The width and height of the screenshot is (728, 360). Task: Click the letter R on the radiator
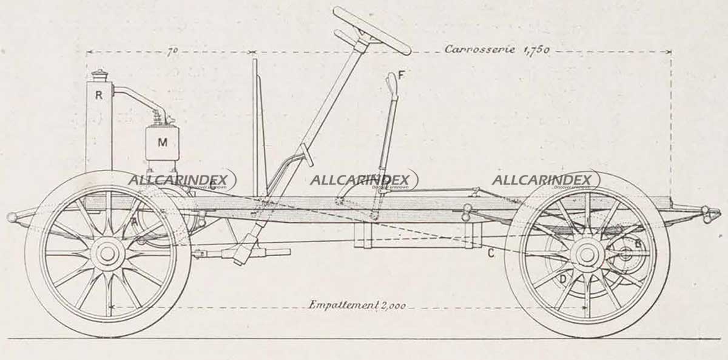(98, 95)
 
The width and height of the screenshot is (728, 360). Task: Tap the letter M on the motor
(162, 143)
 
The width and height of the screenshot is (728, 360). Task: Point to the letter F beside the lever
(402, 75)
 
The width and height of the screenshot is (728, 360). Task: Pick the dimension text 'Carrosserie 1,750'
(497, 50)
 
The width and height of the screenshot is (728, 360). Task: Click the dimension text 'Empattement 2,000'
(357, 305)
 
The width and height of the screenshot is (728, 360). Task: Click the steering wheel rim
(371, 30)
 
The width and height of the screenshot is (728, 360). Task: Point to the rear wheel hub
(587, 254)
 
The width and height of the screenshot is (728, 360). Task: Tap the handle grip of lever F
(392, 81)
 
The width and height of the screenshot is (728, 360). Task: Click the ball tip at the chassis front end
(12, 217)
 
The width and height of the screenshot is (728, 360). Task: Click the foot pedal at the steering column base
(306, 157)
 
